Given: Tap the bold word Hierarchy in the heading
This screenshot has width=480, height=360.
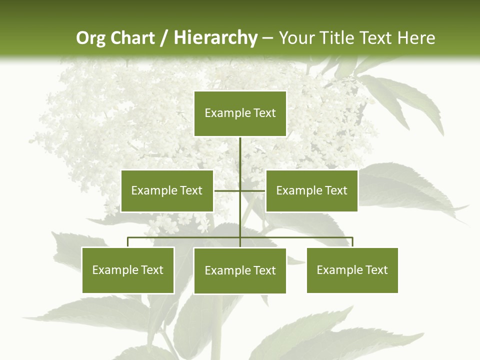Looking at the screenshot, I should click(215, 38).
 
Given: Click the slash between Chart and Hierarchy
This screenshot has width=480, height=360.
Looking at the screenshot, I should click(164, 38).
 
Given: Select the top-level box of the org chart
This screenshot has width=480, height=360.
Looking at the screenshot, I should click(240, 113).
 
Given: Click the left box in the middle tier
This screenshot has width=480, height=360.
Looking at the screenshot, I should click(167, 190).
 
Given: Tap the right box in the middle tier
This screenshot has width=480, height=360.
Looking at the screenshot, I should click(311, 190).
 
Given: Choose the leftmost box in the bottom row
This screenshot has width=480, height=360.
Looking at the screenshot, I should click(128, 270).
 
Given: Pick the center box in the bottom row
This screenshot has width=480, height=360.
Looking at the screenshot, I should click(240, 270).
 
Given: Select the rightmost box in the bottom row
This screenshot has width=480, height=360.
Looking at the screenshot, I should click(352, 270).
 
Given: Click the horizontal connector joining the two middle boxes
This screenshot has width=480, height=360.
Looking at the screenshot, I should click(227, 190).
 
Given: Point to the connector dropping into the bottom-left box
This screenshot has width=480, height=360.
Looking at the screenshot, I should click(128, 242).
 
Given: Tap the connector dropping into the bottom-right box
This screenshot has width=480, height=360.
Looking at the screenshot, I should click(352, 242).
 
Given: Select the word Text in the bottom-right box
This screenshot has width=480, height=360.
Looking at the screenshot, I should click(376, 270).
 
